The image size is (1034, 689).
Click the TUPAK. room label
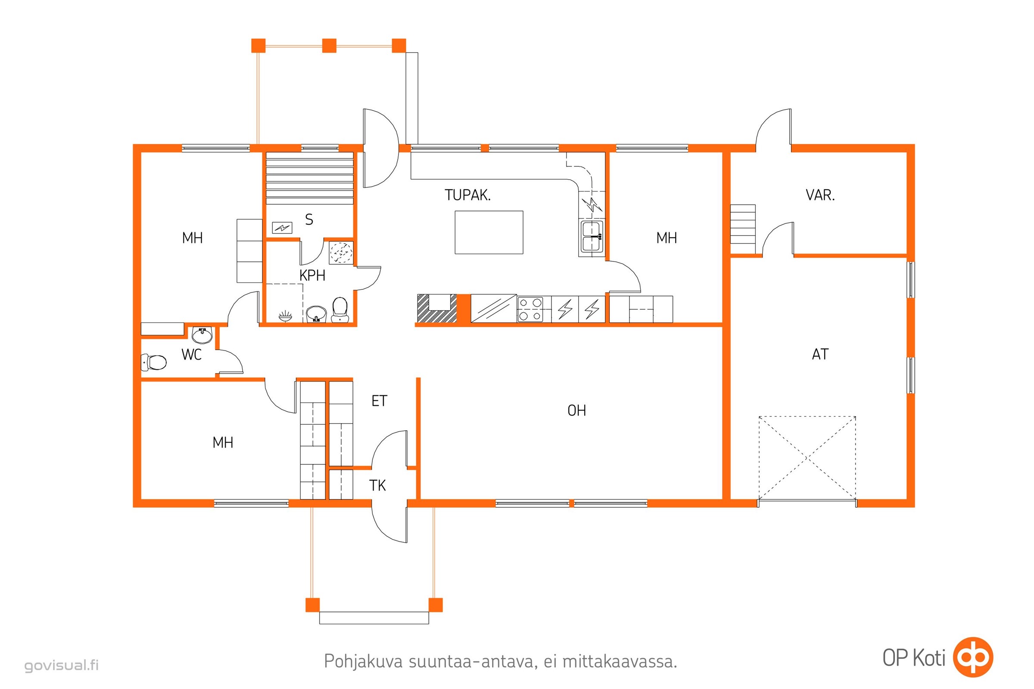pos(467,195)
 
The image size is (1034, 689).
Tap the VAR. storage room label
pos(820,195)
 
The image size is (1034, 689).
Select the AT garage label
pos(820,354)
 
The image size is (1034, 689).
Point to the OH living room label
pos(577,410)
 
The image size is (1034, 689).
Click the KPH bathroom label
pos(312,276)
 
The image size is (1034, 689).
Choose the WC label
pos(192,354)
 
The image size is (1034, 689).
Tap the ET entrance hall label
pos(380,401)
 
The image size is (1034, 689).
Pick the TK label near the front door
pos(378,486)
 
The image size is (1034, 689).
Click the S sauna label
pos(309,219)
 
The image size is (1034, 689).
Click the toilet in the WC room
pos(153,363)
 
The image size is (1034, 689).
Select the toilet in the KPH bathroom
pos(340,309)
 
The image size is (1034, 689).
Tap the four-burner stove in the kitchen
pos(530,309)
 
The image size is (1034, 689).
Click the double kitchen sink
pos(592,236)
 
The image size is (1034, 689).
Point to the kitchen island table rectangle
pos(489,233)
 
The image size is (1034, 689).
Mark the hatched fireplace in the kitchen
pos(437,309)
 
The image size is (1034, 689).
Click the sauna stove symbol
pos(282,228)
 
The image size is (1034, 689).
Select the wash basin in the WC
pos(202,335)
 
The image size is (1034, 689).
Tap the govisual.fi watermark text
pos(62,665)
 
